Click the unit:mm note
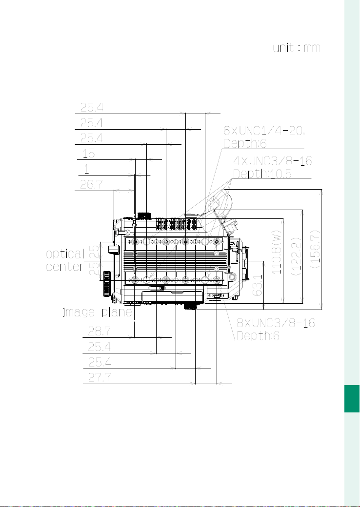(x=297, y=48)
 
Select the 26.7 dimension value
(x=92, y=184)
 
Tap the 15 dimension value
(x=89, y=153)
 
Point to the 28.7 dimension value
(x=100, y=331)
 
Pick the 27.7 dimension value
(x=100, y=377)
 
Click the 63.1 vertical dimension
(x=258, y=285)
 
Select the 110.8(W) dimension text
(x=277, y=252)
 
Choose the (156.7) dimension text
(x=315, y=249)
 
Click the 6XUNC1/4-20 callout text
(x=264, y=131)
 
